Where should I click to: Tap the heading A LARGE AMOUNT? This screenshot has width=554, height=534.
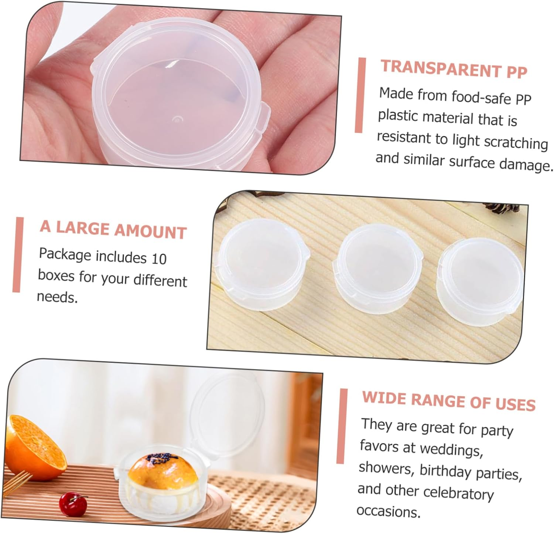(x=113, y=229)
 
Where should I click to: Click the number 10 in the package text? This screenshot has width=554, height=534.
(x=159, y=258)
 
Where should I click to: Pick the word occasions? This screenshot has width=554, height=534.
(x=388, y=511)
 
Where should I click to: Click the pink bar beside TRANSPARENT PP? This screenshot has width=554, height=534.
(x=360, y=95)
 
